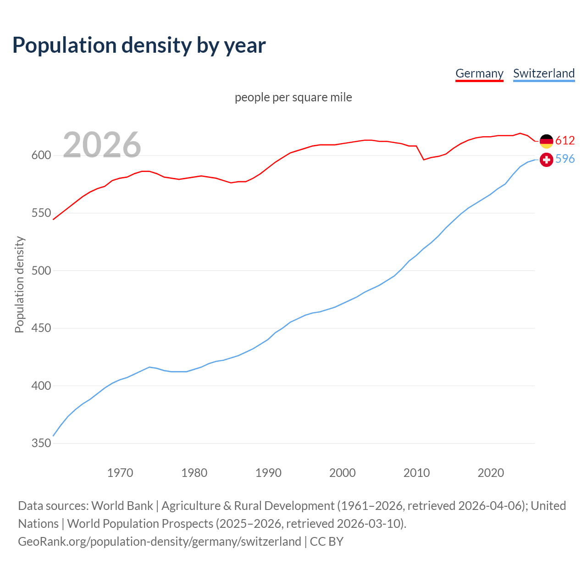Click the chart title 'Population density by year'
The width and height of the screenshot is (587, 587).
tap(139, 45)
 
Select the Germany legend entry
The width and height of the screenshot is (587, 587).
tap(479, 73)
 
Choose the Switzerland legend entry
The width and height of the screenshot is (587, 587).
tap(543, 73)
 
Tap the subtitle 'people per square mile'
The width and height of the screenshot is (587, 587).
tap(293, 97)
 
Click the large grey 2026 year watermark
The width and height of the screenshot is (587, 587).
tap(102, 144)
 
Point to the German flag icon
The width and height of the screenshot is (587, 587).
tap(546, 141)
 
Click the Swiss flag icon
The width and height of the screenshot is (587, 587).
tap(546, 160)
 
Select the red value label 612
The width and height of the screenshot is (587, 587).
tap(565, 140)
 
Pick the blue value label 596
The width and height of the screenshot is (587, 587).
tap(565, 159)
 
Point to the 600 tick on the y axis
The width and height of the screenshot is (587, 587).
tap(40, 155)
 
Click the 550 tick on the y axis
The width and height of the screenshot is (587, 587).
tap(40, 213)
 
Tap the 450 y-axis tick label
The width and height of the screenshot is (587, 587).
tap(40, 328)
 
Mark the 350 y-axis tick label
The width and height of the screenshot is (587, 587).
tap(40, 443)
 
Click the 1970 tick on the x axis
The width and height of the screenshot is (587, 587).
tap(120, 473)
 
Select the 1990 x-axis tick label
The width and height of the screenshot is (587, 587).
tap(268, 473)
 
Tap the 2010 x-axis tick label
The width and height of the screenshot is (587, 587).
tap(416, 473)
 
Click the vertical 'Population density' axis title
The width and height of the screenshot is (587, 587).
tap(19, 284)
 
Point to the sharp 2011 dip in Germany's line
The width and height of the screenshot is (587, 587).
tap(424, 160)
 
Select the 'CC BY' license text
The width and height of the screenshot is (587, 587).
tap(327, 542)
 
